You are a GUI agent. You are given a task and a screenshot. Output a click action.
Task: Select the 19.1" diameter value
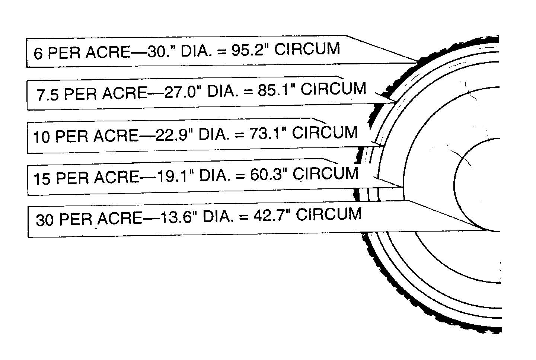(x=172, y=176)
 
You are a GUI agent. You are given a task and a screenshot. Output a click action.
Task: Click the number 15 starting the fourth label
(x=42, y=179)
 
